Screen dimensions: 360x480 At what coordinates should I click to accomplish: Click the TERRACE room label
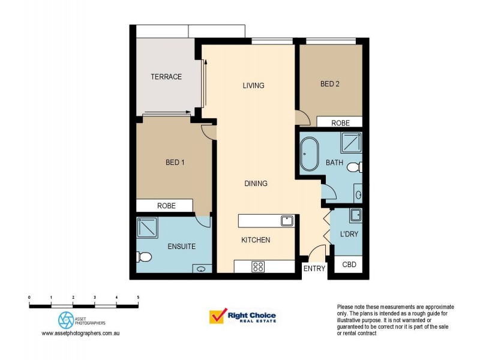point(166,77)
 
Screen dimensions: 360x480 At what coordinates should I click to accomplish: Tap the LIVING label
point(253,85)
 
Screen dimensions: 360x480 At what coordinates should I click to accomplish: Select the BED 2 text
point(329,84)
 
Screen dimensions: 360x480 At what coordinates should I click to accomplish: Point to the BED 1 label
point(175,162)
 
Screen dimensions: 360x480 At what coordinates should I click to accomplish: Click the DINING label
point(256,183)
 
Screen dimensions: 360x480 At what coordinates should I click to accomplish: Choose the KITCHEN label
point(256,240)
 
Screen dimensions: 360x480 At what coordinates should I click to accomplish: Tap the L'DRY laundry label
point(349,234)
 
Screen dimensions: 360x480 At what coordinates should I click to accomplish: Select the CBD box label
point(348,265)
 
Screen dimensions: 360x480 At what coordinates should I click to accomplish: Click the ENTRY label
point(314,269)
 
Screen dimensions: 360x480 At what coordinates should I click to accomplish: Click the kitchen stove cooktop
point(258,266)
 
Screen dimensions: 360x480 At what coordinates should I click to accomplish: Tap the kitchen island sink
point(286,221)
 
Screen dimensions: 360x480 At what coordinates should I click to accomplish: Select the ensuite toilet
point(144,257)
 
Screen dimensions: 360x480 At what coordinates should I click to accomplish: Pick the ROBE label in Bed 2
point(340,122)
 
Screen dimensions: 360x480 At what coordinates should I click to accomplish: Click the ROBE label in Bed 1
point(166,206)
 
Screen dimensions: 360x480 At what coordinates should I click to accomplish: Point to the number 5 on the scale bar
point(138,298)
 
